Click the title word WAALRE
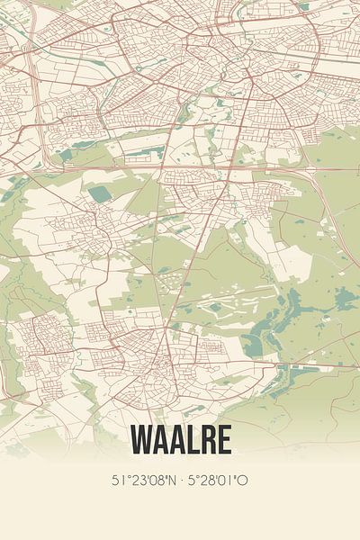pyautogui.click(x=180, y=439)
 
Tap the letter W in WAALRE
pyautogui.click(x=144, y=439)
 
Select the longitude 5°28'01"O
pyautogui.click(x=218, y=481)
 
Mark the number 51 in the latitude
pyautogui.click(x=117, y=481)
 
